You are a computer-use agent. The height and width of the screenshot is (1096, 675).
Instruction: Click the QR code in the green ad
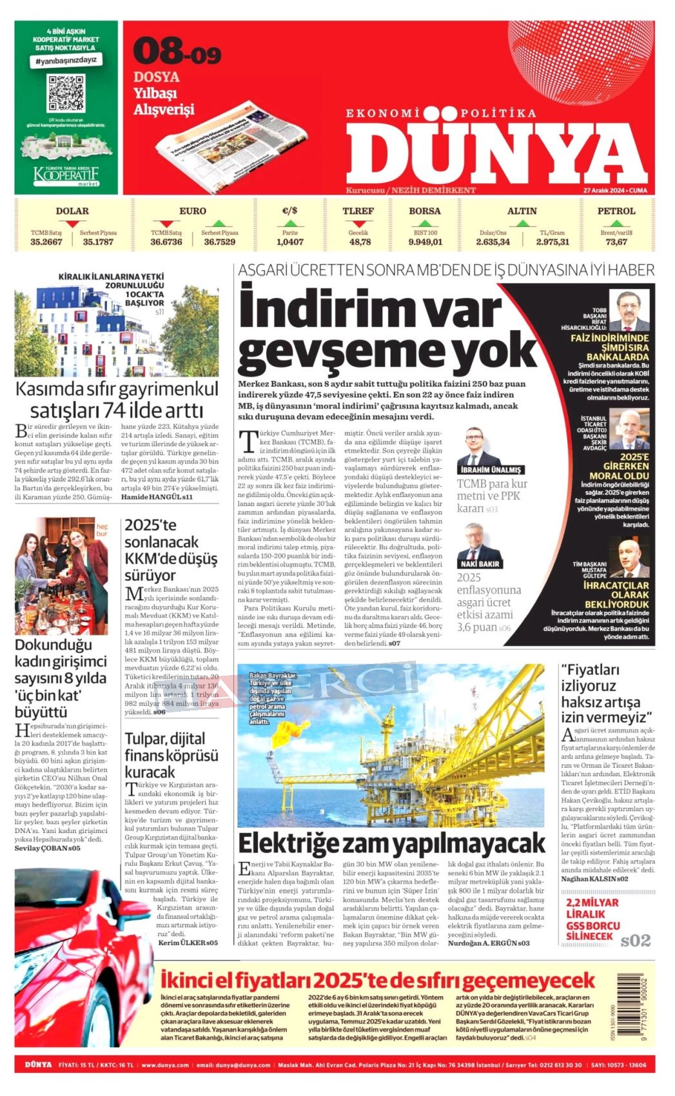(66, 93)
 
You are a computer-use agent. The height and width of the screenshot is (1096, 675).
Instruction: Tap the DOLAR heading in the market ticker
(72, 211)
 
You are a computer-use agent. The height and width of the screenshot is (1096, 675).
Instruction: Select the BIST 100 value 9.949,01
(425, 242)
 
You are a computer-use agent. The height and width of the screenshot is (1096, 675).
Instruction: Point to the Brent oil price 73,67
(616, 242)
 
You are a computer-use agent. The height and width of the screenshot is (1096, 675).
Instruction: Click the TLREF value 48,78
(360, 242)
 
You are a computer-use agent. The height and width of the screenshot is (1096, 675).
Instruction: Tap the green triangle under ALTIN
(522, 224)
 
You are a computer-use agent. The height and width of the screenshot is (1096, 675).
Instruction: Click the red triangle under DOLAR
(72, 224)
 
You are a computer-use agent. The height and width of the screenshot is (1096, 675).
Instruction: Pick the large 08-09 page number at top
(177, 52)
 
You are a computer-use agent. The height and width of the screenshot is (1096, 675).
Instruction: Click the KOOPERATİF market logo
(66, 175)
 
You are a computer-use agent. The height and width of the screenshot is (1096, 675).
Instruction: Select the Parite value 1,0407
(290, 242)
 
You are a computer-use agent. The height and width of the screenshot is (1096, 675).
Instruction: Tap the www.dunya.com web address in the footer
(165, 1065)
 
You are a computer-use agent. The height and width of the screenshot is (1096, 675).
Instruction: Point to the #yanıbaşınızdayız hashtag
(66, 60)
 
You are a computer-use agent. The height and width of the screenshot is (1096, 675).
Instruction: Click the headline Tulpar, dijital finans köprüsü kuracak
(171, 755)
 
